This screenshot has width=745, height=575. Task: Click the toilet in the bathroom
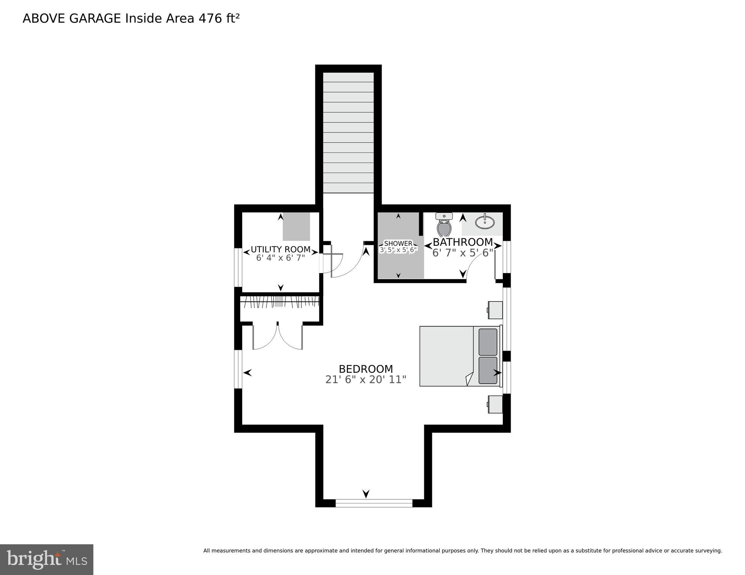pos(444,225)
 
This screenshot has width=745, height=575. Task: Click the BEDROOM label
pos(366,369)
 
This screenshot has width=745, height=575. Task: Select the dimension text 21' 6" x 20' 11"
pos(366,380)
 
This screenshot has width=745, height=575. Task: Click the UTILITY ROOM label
pos(280,249)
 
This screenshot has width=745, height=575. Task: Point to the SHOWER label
pos(398,243)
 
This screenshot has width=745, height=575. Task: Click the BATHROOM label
pos(463,242)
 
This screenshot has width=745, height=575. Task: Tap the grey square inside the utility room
pos(296,226)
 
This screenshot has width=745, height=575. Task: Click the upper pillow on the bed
pos(488,342)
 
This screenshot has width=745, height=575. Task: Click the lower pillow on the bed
pos(488,370)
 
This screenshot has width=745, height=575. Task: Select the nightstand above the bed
pos(495,310)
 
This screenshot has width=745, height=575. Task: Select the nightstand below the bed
pos(495,404)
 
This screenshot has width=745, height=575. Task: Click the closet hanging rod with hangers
pos(280,301)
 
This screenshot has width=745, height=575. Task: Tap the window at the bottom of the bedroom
pos(374,503)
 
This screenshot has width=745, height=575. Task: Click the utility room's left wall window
pos(238,267)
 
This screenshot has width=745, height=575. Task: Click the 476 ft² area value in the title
pos(219,18)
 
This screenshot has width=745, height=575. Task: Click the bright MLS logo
pos(46,560)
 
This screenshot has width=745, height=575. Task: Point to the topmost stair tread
pos(348,78)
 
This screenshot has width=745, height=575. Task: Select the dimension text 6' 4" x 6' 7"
pos(280,258)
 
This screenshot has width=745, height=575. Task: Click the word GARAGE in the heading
pos(95,18)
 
